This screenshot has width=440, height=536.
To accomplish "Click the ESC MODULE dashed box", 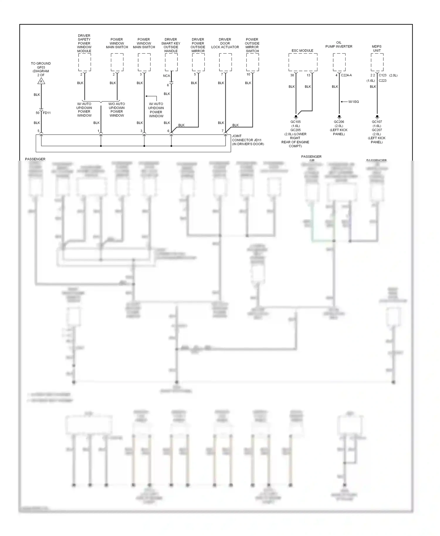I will point(303,62).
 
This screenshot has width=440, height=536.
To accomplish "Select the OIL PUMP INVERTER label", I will point(339,45).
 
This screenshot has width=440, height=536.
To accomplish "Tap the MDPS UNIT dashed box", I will point(377,62).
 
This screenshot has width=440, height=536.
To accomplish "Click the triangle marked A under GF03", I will point(41,81).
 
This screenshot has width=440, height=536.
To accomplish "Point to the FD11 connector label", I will point(47,113).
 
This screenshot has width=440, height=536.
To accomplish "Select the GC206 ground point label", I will point(339,122).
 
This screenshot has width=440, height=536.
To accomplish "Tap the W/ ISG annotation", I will point(353,102).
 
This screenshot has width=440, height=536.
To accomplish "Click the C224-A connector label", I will point(346,75).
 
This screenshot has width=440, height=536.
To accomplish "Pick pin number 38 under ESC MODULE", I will point(292,75).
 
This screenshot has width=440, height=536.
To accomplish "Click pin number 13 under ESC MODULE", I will point(308,75).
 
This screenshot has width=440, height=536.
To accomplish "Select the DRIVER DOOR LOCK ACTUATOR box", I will point(225,62).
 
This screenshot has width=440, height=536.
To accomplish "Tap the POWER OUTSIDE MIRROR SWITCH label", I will point(252,45).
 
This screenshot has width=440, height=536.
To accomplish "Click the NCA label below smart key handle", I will point(167,76).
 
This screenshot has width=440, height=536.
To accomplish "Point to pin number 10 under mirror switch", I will point(248,74).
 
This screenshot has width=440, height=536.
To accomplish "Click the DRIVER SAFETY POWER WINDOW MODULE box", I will point(84,62).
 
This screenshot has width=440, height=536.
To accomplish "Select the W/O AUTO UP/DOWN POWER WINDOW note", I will point(117,110).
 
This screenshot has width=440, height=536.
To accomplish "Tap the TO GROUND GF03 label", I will point(41,69).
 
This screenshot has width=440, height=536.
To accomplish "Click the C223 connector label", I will point(383,81).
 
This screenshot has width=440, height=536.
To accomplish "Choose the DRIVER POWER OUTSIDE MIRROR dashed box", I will point(198,62).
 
